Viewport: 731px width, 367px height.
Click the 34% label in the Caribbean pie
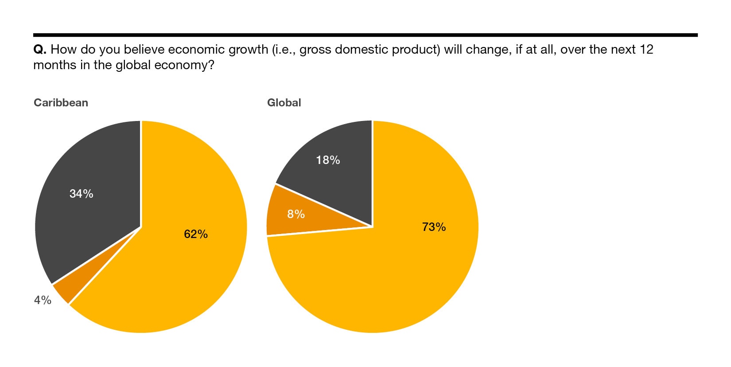[82, 194]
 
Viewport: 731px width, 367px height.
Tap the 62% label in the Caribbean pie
[196, 234]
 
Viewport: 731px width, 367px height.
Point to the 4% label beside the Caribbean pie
[43, 300]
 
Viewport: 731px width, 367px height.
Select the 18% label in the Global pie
[328, 160]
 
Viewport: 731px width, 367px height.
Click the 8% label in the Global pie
[296, 215]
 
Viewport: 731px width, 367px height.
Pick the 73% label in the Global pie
[434, 227]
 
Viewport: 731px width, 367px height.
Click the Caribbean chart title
[61, 102]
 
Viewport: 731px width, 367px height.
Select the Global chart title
[284, 102]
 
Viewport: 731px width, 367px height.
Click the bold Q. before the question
[40, 49]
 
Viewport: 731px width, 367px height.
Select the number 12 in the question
[646, 49]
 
